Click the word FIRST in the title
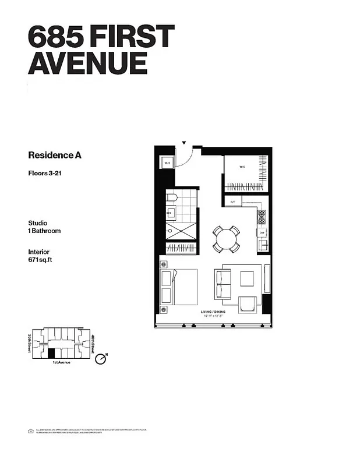pos(128,36)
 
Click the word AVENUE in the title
pos(87,62)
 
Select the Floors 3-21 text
pos(45,172)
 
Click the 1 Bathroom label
pos(44,231)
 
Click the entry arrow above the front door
pos(184,142)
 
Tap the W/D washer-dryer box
pos(167,163)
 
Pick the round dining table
pos(226,238)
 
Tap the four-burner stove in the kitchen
pos(262,217)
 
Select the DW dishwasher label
pos(262,231)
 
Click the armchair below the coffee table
pos(247,303)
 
